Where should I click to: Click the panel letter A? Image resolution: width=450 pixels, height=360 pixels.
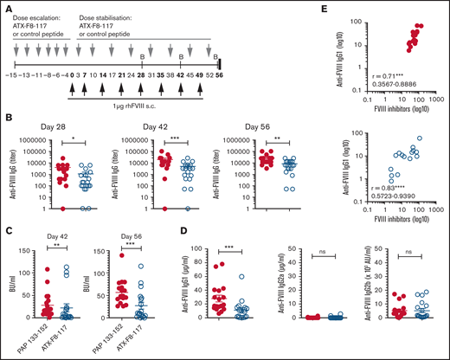(x=6, y=6)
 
